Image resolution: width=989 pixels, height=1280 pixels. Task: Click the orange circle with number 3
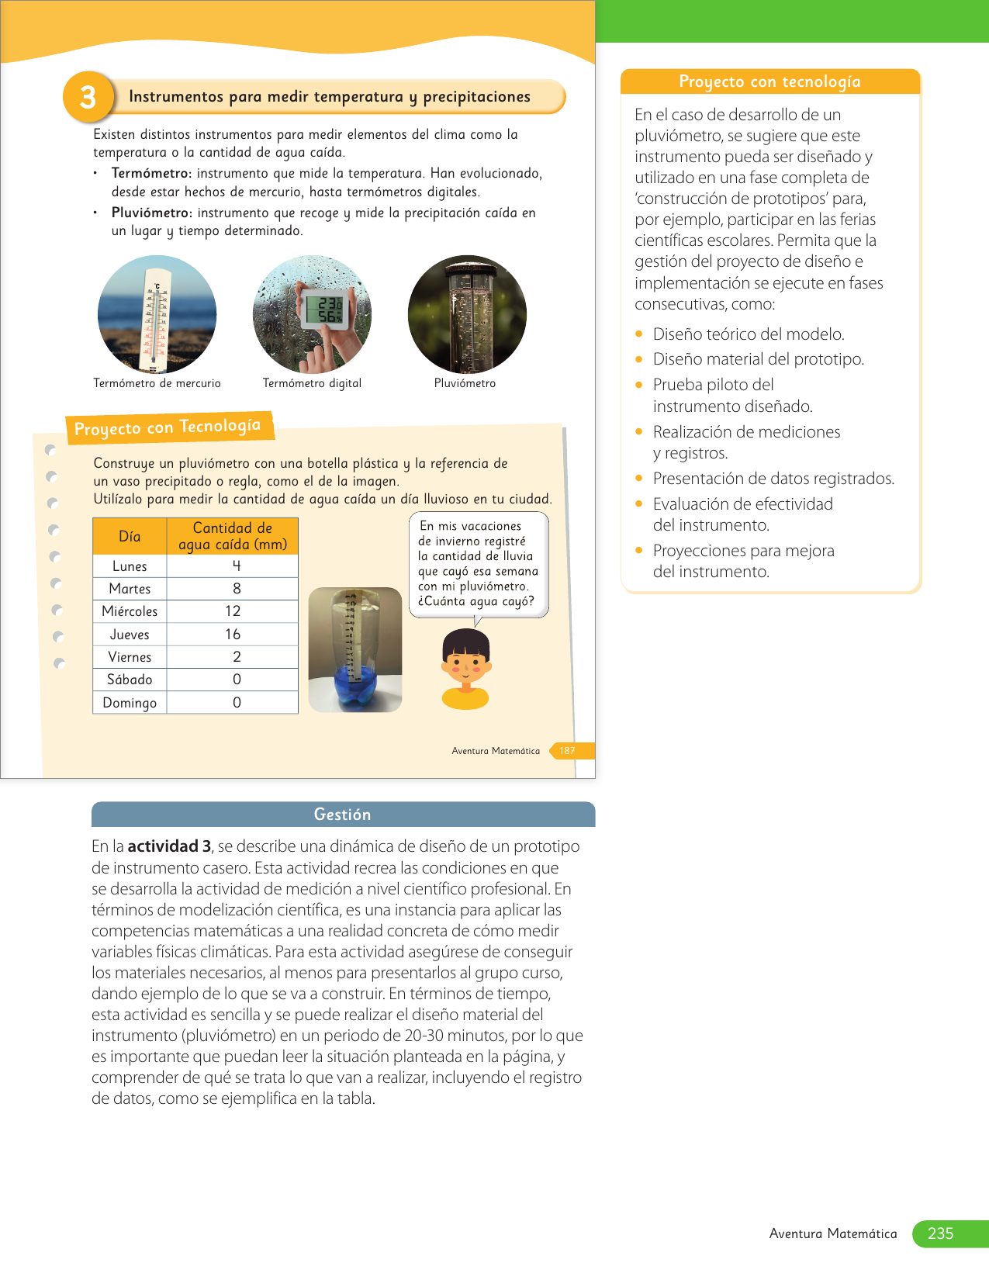[x=88, y=97]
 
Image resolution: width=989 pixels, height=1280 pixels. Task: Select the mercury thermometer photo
[x=157, y=314]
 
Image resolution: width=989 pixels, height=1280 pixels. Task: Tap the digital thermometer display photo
[x=313, y=314]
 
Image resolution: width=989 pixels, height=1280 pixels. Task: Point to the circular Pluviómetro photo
[x=467, y=314]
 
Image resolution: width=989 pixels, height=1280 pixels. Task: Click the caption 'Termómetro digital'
[x=312, y=383]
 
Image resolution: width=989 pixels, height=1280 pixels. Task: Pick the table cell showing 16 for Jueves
[x=233, y=634]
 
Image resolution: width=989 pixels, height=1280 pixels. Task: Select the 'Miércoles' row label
[x=130, y=611]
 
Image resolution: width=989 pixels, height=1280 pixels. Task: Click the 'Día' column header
[x=130, y=536]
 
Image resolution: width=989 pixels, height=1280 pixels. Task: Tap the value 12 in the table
[x=233, y=611]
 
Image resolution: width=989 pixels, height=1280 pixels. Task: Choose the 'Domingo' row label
[x=130, y=703]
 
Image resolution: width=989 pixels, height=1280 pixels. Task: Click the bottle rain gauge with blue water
[x=355, y=650]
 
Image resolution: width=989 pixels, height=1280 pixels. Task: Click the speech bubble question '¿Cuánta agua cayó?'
[x=475, y=601]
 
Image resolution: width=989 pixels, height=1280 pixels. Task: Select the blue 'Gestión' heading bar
[x=343, y=815]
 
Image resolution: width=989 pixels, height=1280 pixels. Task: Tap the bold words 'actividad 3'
[x=169, y=846]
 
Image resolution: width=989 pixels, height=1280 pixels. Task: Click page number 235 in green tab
[x=940, y=1233]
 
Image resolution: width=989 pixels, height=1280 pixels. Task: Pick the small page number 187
[x=567, y=751]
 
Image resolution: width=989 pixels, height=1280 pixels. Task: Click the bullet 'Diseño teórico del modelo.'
[x=748, y=334]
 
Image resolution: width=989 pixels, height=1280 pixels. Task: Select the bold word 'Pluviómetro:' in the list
[x=151, y=213]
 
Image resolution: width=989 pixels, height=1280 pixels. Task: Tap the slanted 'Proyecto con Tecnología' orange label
[x=168, y=427]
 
